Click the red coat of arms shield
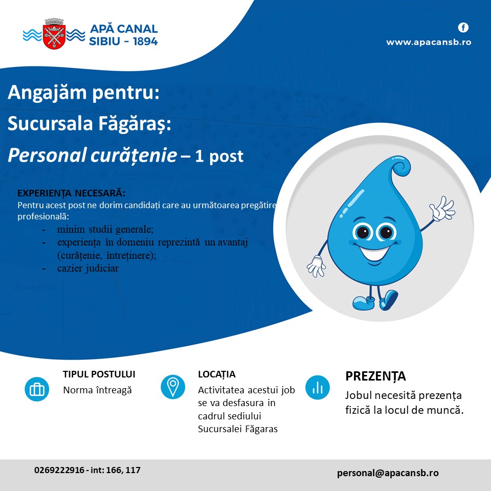tap(55, 37)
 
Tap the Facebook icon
tap(463, 28)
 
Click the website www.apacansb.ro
tap(429, 42)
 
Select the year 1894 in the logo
tap(145, 41)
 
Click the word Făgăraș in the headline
tap(135, 124)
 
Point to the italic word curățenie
tap(133, 155)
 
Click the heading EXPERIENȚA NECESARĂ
tap(72, 193)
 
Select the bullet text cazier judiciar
tap(88, 269)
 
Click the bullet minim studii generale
tap(105, 229)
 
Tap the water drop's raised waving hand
tap(442, 208)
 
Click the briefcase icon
tap(37, 389)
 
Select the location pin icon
tap(173, 387)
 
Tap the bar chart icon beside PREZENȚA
tap(318, 387)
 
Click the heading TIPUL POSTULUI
tap(99, 374)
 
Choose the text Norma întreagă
tap(97, 390)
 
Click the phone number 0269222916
tap(59, 470)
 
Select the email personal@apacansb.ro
tap(388, 473)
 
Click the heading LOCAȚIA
tap(217, 374)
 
